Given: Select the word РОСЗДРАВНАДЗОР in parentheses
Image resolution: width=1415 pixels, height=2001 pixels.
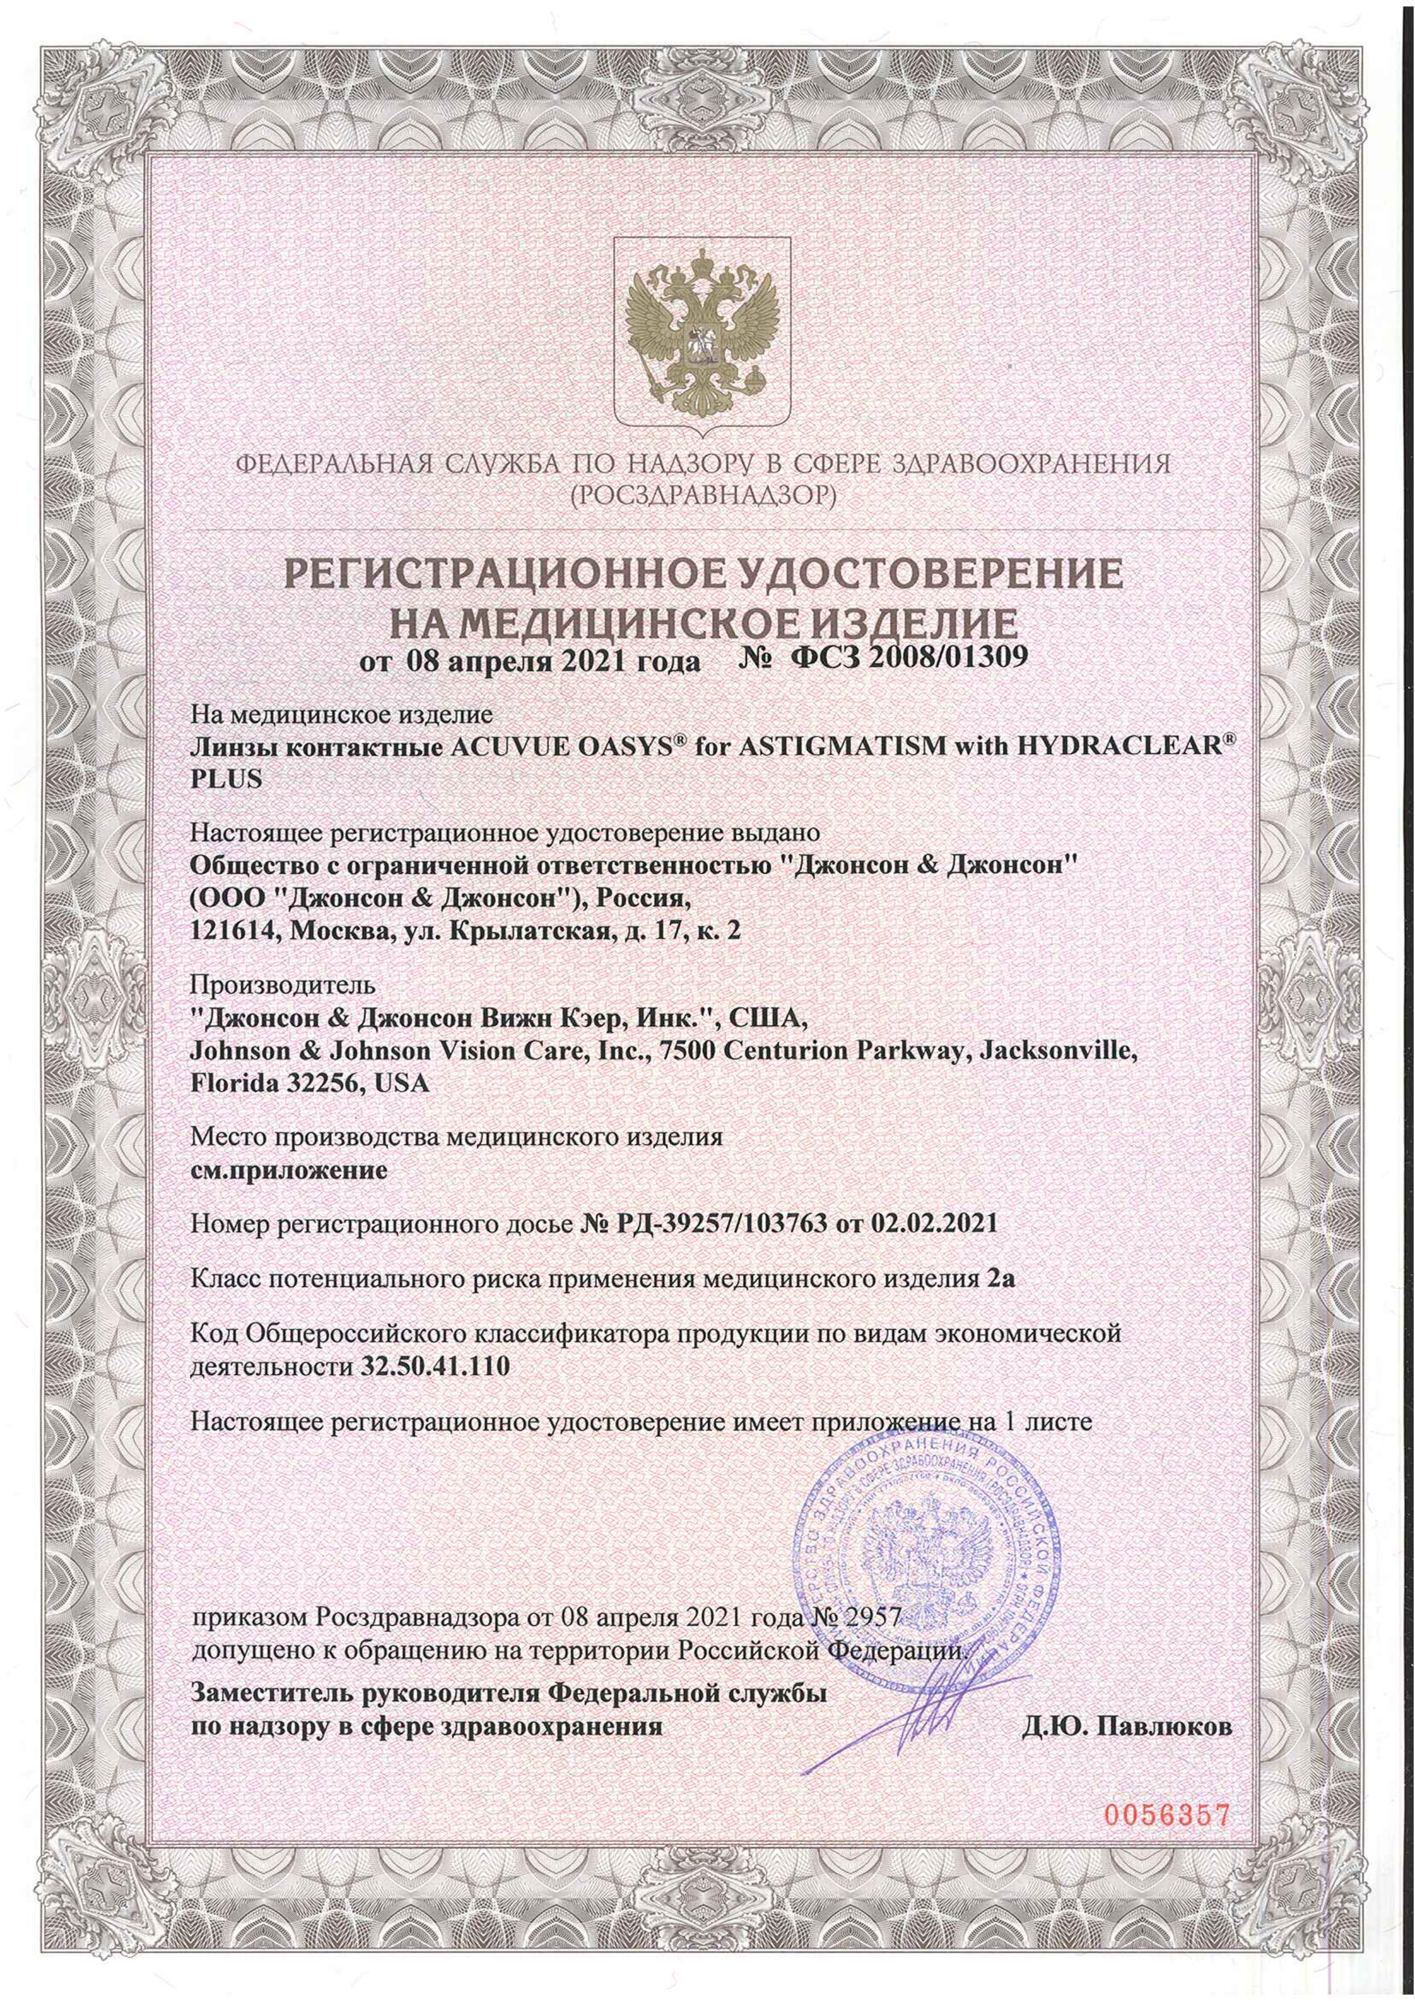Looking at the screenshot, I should coord(702,496).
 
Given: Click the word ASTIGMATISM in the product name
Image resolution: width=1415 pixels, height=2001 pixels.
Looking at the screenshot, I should coord(820,747).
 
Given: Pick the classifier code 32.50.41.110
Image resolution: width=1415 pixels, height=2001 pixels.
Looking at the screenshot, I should coord(434,1366).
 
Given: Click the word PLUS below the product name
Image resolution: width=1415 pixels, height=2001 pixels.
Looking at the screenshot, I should coord(226,778).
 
